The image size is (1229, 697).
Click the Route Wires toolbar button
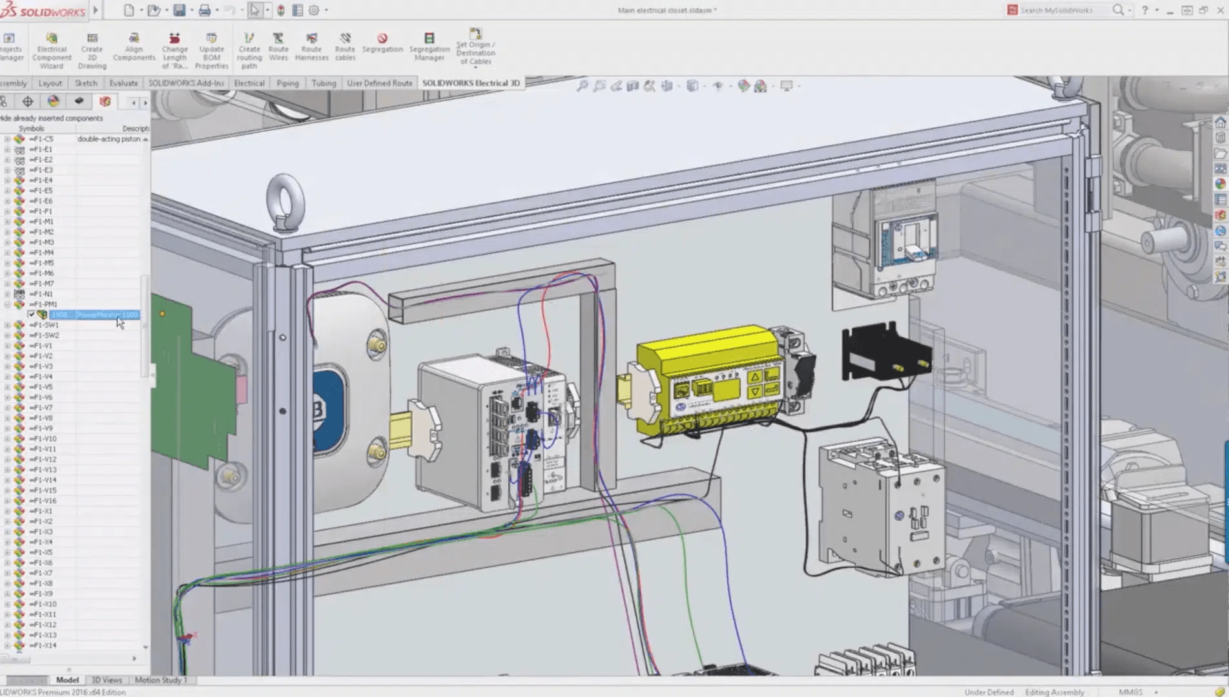[x=278, y=47]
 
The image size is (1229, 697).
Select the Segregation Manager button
[x=429, y=47]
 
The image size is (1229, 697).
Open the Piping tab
[x=287, y=83]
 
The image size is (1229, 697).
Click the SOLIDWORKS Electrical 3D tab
[x=471, y=83]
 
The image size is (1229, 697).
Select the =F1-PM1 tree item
[x=43, y=304]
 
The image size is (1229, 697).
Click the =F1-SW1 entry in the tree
[x=44, y=325]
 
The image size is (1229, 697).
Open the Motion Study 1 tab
[x=160, y=680]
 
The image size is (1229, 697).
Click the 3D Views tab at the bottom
[x=106, y=680]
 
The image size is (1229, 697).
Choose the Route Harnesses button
[x=311, y=47]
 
